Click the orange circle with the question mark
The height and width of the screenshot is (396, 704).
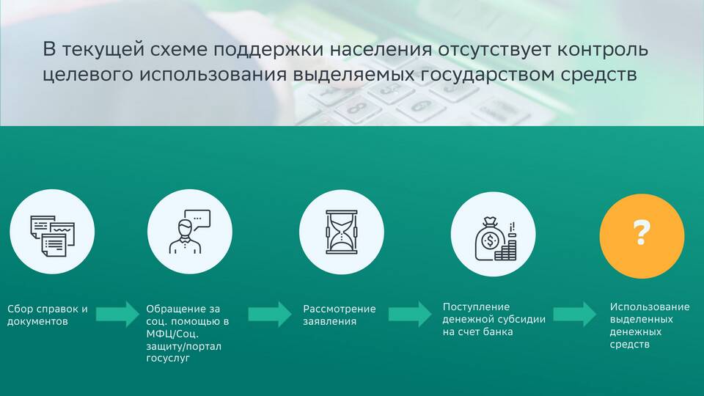(642, 235)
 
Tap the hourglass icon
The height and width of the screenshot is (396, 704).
(341, 232)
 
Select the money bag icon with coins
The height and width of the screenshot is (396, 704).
(495, 239)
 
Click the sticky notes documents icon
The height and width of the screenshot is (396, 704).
(53, 235)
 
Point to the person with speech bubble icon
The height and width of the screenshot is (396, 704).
(189, 232)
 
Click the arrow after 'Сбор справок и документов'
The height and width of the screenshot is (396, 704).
(117, 314)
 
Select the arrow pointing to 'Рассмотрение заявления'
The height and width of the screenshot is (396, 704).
(270, 314)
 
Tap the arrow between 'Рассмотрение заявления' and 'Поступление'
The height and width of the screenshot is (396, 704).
(410, 314)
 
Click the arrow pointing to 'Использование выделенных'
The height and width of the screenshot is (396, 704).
(575, 314)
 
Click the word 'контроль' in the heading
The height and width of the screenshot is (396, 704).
(603, 49)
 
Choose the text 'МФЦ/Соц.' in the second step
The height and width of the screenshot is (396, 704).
(172, 334)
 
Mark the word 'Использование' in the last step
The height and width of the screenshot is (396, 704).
(650, 307)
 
